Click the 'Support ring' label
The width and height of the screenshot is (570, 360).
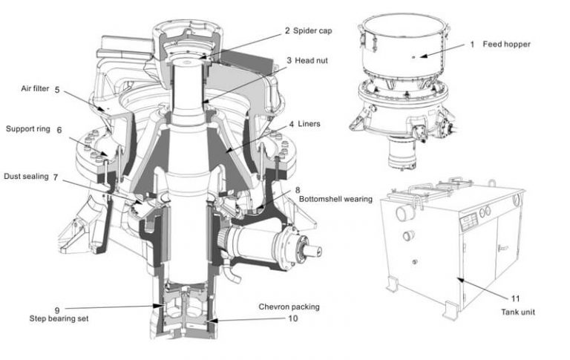[x=28, y=128]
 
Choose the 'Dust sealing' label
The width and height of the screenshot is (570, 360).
[x=26, y=177]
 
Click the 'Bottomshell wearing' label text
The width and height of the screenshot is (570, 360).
[x=335, y=200]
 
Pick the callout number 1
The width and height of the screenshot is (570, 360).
[x=471, y=45]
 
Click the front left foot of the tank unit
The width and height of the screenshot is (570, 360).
[x=390, y=284]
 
